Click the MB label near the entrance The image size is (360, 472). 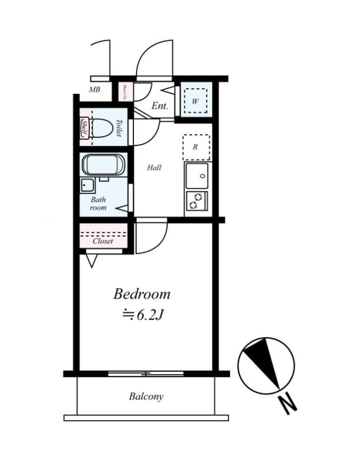click(94, 90)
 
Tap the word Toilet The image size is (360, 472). click(119, 128)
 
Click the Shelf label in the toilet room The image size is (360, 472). click(84, 129)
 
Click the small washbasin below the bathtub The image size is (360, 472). click(88, 186)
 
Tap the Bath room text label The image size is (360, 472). click(98, 204)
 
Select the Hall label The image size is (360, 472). click(154, 168)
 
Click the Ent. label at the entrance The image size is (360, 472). click(160, 106)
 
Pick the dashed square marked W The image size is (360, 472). click(195, 100)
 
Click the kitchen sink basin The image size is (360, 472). click(197, 176)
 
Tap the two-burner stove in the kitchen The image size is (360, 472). click(197, 202)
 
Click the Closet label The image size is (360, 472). click(103, 241)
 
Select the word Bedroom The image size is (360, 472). click(142, 293)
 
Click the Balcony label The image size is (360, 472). click(146, 396)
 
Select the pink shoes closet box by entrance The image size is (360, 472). click(126, 91)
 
